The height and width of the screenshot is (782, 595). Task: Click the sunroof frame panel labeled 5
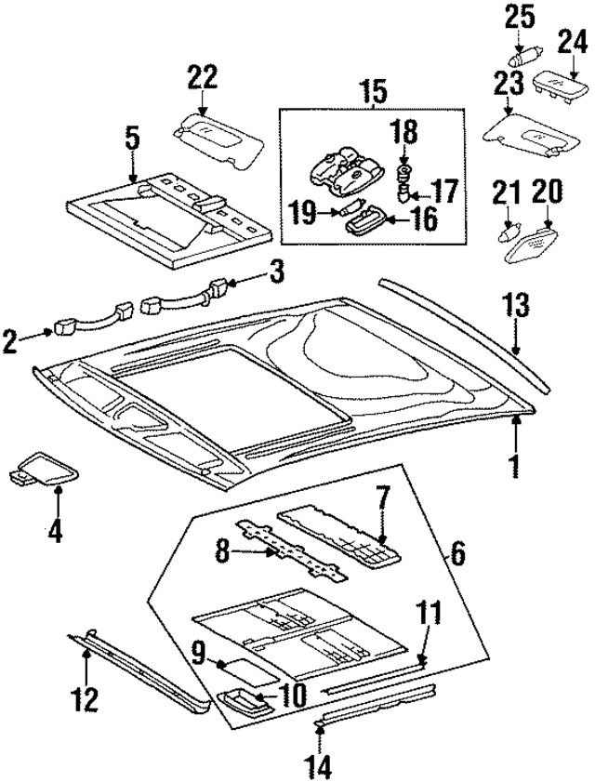coord(172,214)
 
